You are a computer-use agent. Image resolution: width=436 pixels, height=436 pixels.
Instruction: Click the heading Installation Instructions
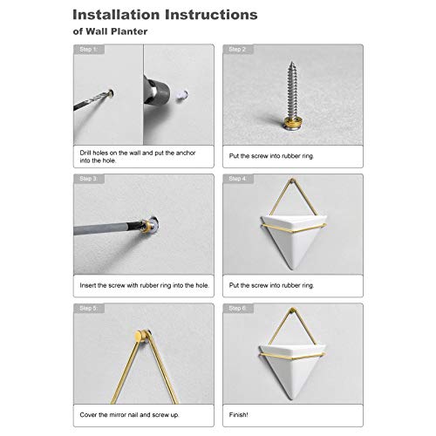pyautogui.click(x=165, y=15)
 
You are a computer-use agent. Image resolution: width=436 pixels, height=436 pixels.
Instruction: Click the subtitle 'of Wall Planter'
pyautogui.click(x=110, y=31)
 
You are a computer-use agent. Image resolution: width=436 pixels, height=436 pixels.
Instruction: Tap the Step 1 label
pyautogui.click(x=88, y=50)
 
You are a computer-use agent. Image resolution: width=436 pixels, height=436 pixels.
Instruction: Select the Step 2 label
pyautogui.click(x=237, y=50)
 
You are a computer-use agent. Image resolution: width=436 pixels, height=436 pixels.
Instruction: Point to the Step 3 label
pyautogui.click(x=88, y=179)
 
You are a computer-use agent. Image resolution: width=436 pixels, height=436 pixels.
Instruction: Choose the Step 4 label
pyautogui.click(x=237, y=179)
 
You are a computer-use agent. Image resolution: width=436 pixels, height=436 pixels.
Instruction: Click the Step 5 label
pyautogui.click(x=88, y=308)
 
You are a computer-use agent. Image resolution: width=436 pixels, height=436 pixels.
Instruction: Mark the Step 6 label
pyautogui.click(x=237, y=308)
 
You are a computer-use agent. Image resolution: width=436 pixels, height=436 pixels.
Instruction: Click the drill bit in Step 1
pyautogui.click(x=93, y=99)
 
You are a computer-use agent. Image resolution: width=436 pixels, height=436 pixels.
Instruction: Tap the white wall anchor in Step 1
pyautogui.click(x=182, y=95)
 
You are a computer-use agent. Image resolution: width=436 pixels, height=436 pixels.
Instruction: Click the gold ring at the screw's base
pyautogui.click(x=291, y=119)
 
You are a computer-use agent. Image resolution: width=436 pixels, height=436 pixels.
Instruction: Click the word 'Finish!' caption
pyautogui.click(x=238, y=415)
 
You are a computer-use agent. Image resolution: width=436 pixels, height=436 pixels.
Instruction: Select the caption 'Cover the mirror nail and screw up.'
pyautogui.click(x=129, y=415)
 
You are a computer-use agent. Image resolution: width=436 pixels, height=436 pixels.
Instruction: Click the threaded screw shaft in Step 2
pyautogui.click(x=291, y=89)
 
